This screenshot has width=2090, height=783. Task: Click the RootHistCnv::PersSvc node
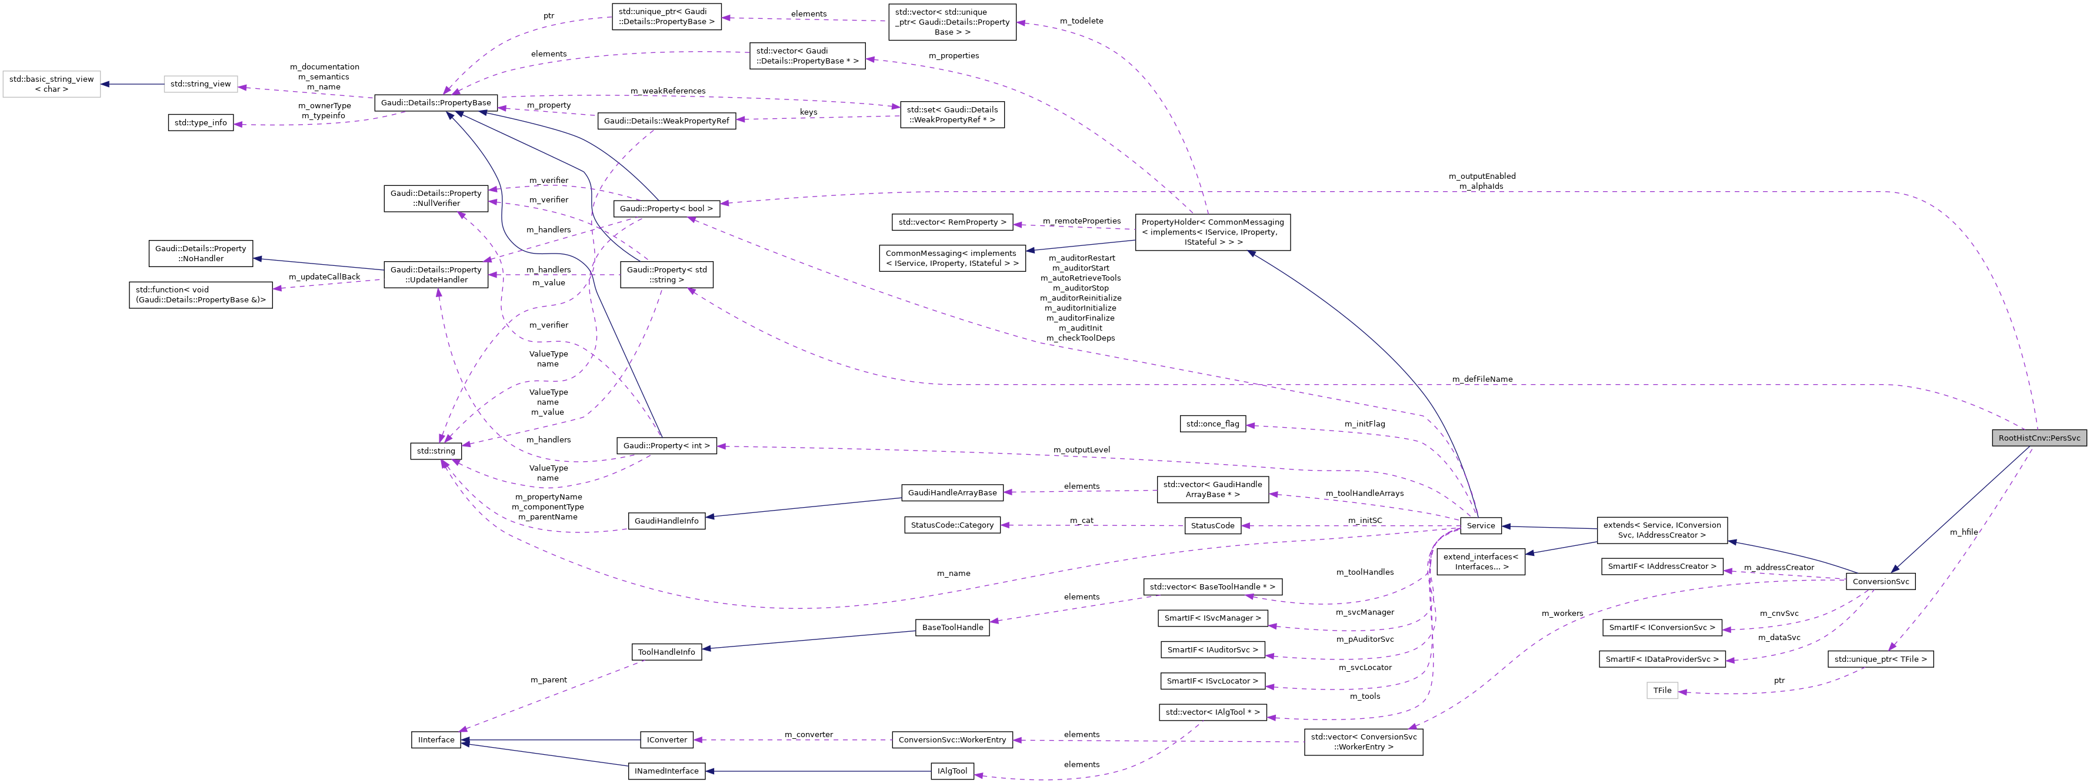click(2038, 438)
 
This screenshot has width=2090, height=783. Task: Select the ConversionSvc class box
click(1880, 582)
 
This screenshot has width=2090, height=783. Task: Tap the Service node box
click(1480, 526)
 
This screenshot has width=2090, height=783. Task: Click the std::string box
click(436, 451)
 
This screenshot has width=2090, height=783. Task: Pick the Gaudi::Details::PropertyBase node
click(436, 103)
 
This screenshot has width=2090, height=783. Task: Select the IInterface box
click(436, 740)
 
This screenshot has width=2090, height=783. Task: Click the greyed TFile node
click(1662, 691)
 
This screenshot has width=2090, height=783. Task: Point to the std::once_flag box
click(1212, 424)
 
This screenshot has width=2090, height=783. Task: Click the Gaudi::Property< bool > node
click(666, 208)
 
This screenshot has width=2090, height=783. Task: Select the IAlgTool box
click(952, 771)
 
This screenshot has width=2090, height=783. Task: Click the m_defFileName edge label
click(1482, 379)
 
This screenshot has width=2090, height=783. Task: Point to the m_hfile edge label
click(1964, 532)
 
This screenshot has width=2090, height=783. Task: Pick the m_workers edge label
click(1562, 614)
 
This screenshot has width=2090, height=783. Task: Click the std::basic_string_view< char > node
click(51, 84)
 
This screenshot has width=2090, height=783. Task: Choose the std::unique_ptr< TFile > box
click(1880, 659)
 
